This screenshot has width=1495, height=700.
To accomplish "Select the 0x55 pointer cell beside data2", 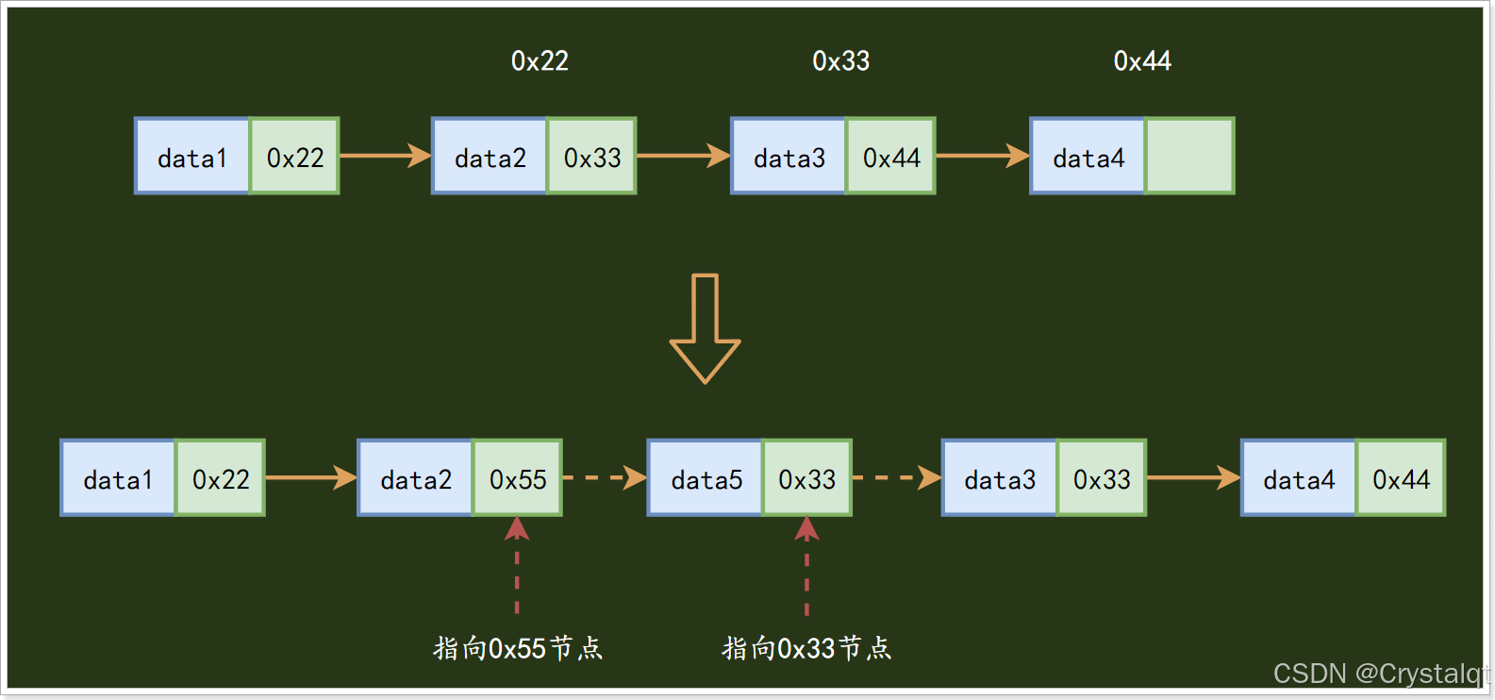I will click(x=518, y=478).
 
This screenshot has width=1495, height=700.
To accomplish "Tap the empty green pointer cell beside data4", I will click(x=1189, y=157).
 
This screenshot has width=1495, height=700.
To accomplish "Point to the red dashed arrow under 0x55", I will click(x=517, y=565).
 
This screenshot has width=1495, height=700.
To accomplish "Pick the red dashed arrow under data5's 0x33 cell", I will click(x=806, y=565).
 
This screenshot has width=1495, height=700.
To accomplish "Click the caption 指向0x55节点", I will click(x=518, y=648).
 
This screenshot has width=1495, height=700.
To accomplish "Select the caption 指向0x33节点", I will click(x=806, y=648).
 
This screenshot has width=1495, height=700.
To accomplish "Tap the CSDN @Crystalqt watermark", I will click(x=1380, y=674).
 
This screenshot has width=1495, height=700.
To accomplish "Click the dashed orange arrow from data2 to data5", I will click(x=605, y=478).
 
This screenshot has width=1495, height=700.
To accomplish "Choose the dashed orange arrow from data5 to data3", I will click(x=896, y=478).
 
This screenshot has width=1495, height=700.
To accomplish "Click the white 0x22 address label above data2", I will click(x=540, y=61).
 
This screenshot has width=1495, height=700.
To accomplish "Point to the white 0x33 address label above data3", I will click(x=840, y=61).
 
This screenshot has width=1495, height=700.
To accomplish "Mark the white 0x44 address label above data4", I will click(x=1142, y=61).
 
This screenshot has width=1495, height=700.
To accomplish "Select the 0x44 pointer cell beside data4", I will click(x=1401, y=478).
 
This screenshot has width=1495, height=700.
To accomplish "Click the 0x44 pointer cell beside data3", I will click(x=891, y=157).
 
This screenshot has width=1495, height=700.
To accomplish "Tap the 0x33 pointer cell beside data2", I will click(x=592, y=157).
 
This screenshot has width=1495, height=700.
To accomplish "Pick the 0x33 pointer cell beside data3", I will click(x=1102, y=478).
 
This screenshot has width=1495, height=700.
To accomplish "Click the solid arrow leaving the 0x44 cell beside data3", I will click(x=982, y=156).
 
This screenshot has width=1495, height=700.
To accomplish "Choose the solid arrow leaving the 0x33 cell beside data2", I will click(x=683, y=156).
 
